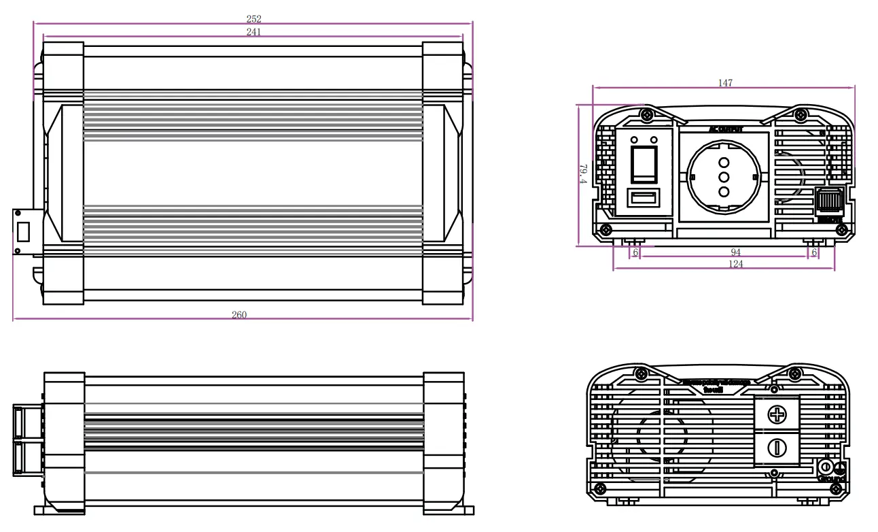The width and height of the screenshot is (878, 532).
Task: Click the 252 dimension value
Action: (x=253, y=19)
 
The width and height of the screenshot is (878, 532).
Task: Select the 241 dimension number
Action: (x=253, y=31)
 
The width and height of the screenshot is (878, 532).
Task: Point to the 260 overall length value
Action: (x=239, y=315)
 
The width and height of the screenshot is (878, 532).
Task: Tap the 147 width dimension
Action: (x=725, y=83)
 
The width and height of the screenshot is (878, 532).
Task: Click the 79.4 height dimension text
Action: (x=582, y=173)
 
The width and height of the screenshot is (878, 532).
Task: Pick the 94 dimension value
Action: (x=735, y=252)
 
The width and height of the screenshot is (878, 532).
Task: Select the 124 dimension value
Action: (x=735, y=264)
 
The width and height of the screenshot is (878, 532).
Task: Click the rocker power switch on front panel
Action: (x=644, y=163)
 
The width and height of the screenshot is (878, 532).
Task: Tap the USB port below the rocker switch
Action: (x=643, y=199)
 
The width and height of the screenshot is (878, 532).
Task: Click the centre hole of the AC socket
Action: (x=724, y=177)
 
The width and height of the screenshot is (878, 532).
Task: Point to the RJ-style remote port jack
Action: (x=829, y=201)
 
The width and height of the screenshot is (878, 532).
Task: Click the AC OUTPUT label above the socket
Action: (x=725, y=129)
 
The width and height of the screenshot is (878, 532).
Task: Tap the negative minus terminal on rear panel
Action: (x=776, y=448)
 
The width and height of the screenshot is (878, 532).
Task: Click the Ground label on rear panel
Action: (x=831, y=478)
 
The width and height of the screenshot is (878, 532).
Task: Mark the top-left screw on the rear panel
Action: (x=640, y=373)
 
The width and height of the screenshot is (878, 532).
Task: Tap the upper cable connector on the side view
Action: (x=29, y=422)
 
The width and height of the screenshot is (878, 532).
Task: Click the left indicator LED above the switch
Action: (x=635, y=139)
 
